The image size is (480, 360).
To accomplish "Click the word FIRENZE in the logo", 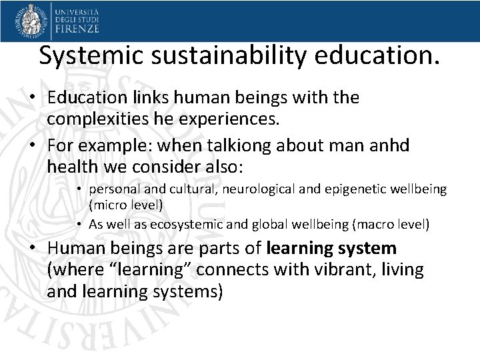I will pos(77,29).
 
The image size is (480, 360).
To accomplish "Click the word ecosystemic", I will pos(191,225).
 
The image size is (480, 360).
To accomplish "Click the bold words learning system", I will pos(331,249).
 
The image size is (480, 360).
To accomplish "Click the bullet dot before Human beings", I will pos(32,249).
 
